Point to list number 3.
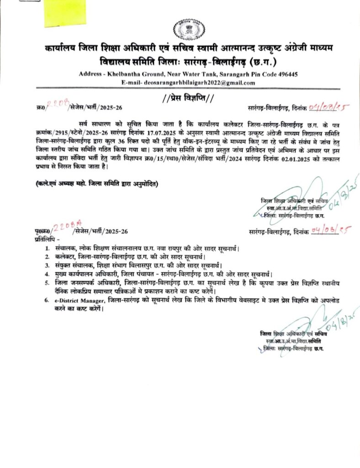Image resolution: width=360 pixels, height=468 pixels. pos(47,265)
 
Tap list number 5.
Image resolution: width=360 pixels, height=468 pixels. pos(47,283)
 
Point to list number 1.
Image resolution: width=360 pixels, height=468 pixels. pos(47,248)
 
